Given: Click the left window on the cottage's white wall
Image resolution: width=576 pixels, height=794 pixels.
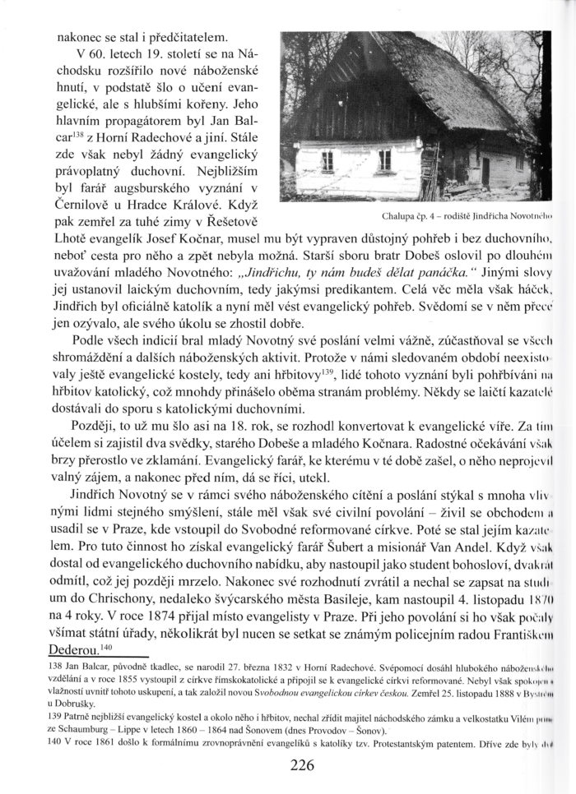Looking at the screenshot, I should point(327,159).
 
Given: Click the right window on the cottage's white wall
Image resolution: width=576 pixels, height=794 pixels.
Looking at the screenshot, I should point(384,159).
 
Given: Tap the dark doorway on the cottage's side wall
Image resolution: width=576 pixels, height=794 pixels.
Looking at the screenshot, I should point(485,170).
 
